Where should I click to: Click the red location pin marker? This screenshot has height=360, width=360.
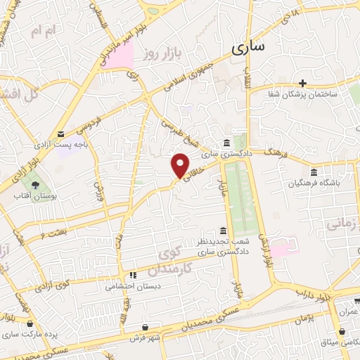181,165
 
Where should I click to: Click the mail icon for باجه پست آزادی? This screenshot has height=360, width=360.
61,134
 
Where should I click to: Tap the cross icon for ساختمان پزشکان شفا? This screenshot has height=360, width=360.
302,83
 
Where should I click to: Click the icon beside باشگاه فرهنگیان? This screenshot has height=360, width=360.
314,173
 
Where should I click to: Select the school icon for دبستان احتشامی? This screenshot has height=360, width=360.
131,275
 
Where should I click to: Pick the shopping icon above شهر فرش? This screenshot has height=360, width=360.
145,327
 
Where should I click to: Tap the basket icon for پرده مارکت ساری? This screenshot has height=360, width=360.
30,323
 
